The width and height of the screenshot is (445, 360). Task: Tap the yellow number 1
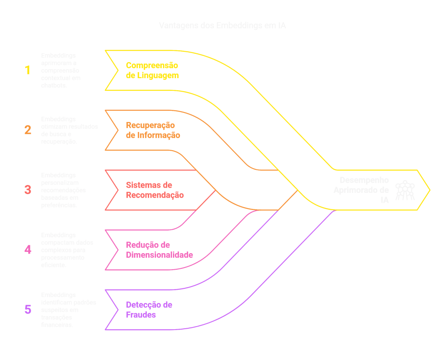27,70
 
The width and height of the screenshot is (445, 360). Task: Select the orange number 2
27,130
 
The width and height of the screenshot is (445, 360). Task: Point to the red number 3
27,190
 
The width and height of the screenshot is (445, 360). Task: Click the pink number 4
27,250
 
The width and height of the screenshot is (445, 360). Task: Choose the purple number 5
27,310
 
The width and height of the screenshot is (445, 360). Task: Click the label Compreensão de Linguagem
152,70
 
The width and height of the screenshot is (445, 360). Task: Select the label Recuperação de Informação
153,130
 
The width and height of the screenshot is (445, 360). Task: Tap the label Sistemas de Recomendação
155,190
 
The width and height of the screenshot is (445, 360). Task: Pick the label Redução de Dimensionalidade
159,250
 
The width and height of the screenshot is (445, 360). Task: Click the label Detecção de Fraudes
149,310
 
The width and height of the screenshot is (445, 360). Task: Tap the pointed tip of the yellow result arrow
430,190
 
